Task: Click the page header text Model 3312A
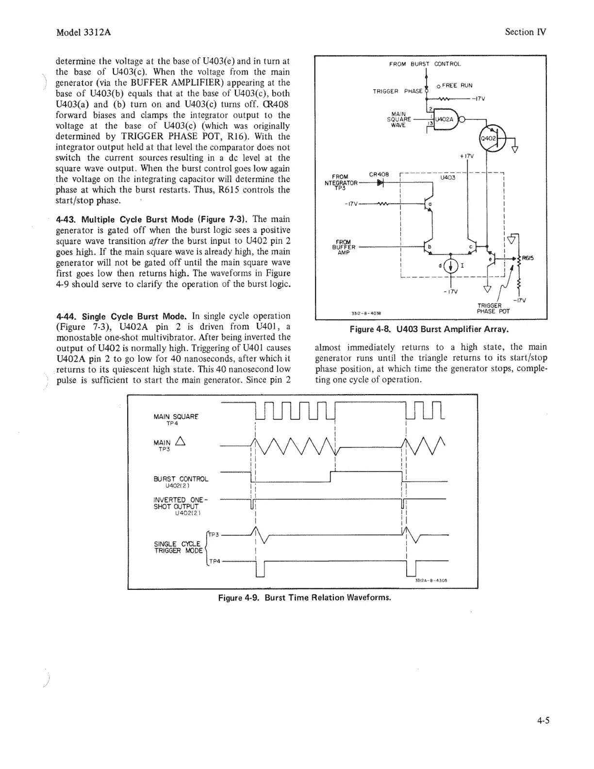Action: pyautogui.click(x=84, y=33)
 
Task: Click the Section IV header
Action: pyautogui.click(x=525, y=32)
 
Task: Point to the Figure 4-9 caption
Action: pyautogui.click(x=304, y=597)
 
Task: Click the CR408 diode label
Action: pyautogui.click(x=379, y=174)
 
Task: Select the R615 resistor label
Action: pyautogui.click(x=528, y=258)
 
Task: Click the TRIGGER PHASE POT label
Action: pyautogui.click(x=493, y=308)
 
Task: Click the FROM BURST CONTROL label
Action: pyautogui.click(x=425, y=64)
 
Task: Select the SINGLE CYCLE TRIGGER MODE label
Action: pyautogui.click(x=178, y=547)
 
